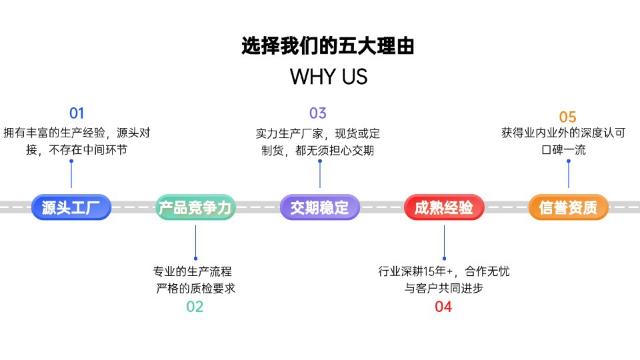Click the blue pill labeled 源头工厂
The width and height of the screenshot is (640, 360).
point(71,207)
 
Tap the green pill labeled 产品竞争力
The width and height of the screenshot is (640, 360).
point(195,207)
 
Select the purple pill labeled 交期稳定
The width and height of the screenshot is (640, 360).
point(319,207)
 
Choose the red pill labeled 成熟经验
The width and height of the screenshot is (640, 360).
point(444,207)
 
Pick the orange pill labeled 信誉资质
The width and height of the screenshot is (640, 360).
point(569,207)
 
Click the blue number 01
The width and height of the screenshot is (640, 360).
point(77,113)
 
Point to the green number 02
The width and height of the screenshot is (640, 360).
point(195,307)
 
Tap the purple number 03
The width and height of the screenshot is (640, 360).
point(318,113)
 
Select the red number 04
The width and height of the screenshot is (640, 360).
point(443,307)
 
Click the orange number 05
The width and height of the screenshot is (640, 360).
point(568,117)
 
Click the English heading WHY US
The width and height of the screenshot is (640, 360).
point(329,76)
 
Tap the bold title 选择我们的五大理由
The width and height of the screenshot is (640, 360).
point(328,46)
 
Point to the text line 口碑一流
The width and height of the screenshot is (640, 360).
point(564,150)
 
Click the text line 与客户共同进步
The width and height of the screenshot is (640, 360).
point(444,288)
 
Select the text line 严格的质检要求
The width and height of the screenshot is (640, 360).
point(195,288)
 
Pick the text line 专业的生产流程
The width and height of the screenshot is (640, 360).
point(192,271)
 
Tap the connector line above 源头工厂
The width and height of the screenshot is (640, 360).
point(71,174)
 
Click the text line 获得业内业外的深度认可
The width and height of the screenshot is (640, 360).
point(563,133)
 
